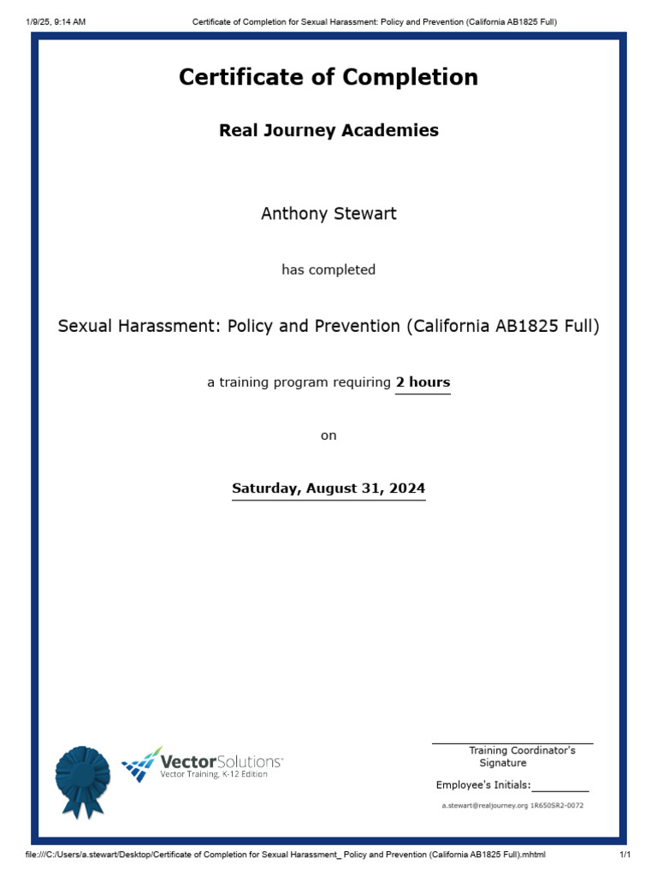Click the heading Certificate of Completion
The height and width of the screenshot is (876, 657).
click(328, 78)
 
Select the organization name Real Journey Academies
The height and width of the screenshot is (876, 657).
click(328, 131)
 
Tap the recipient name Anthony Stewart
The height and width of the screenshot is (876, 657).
click(328, 214)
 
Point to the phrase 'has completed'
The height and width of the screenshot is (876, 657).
click(328, 270)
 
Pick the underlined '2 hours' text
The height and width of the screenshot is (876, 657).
click(423, 382)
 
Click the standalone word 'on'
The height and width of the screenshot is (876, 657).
click(328, 435)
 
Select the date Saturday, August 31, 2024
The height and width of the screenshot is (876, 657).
click(328, 489)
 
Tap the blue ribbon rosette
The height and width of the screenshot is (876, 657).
click(82, 779)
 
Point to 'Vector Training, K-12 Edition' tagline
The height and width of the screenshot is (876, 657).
click(214, 774)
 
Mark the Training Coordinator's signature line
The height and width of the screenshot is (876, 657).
click(512, 743)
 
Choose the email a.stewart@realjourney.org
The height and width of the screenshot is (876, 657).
click(484, 806)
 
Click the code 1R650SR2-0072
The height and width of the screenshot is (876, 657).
click(557, 806)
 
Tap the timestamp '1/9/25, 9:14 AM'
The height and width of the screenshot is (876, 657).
click(57, 21)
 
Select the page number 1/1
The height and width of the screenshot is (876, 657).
click(624, 855)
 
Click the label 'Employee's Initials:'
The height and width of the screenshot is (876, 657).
click(483, 785)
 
